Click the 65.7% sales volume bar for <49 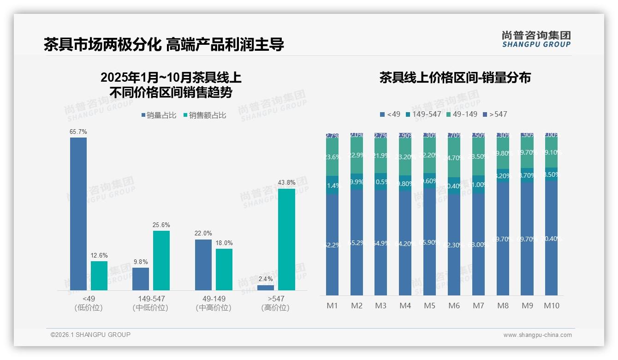point(78,214)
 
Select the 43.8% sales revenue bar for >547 point(286,239)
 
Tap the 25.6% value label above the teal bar point(161,225)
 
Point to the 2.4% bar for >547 point(266,288)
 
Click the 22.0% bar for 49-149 point(203,264)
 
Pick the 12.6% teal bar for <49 point(99,276)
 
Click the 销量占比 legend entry point(159,115)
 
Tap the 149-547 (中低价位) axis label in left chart point(150,303)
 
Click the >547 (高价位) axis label point(275,303)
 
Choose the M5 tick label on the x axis point(429,306)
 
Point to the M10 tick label point(552,306)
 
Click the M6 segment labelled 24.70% point(454,158)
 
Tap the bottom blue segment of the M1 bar point(333,245)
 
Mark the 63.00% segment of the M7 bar point(478,244)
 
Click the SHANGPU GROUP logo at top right point(536,39)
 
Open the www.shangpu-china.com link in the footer point(537,335)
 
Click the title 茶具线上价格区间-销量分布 point(455,78)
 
